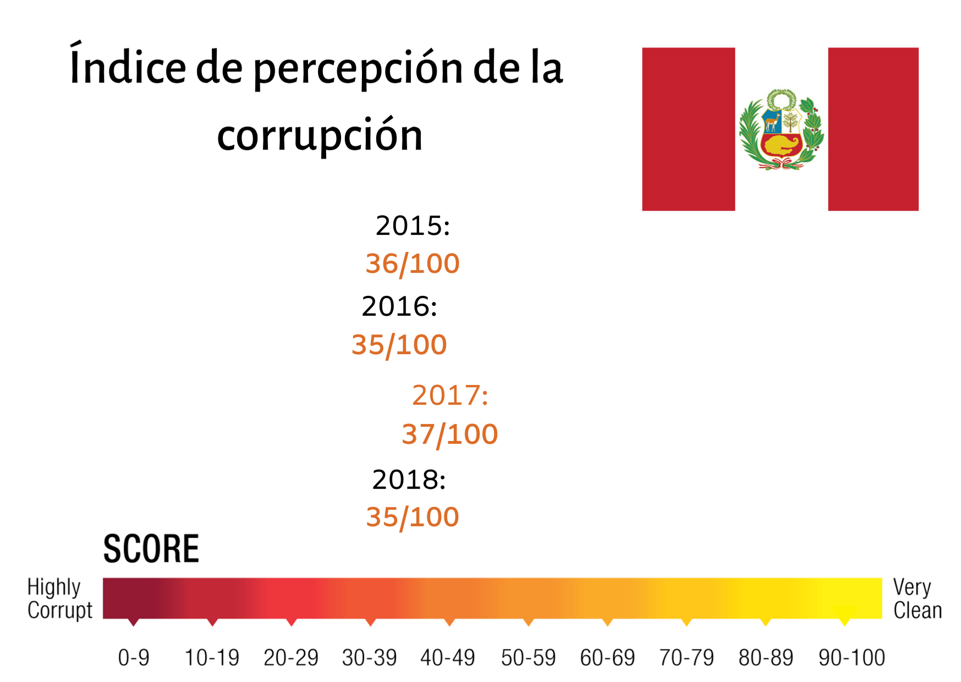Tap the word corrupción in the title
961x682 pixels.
320,135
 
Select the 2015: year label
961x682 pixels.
413,226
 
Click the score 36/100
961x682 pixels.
413,263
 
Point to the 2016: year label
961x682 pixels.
399,306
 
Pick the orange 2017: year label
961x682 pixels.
450,395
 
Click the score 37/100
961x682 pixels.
450,434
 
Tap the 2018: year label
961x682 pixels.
409,480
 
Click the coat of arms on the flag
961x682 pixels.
781,130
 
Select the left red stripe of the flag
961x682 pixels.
688,129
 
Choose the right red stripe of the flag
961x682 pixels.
873,129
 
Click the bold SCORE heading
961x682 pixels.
151,549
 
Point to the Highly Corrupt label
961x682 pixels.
59,598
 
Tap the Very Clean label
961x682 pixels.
917,598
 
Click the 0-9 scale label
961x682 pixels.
134,658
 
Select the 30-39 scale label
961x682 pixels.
369,658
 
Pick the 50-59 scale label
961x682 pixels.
528,658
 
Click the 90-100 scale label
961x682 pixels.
852,658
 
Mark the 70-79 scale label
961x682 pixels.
687,658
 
